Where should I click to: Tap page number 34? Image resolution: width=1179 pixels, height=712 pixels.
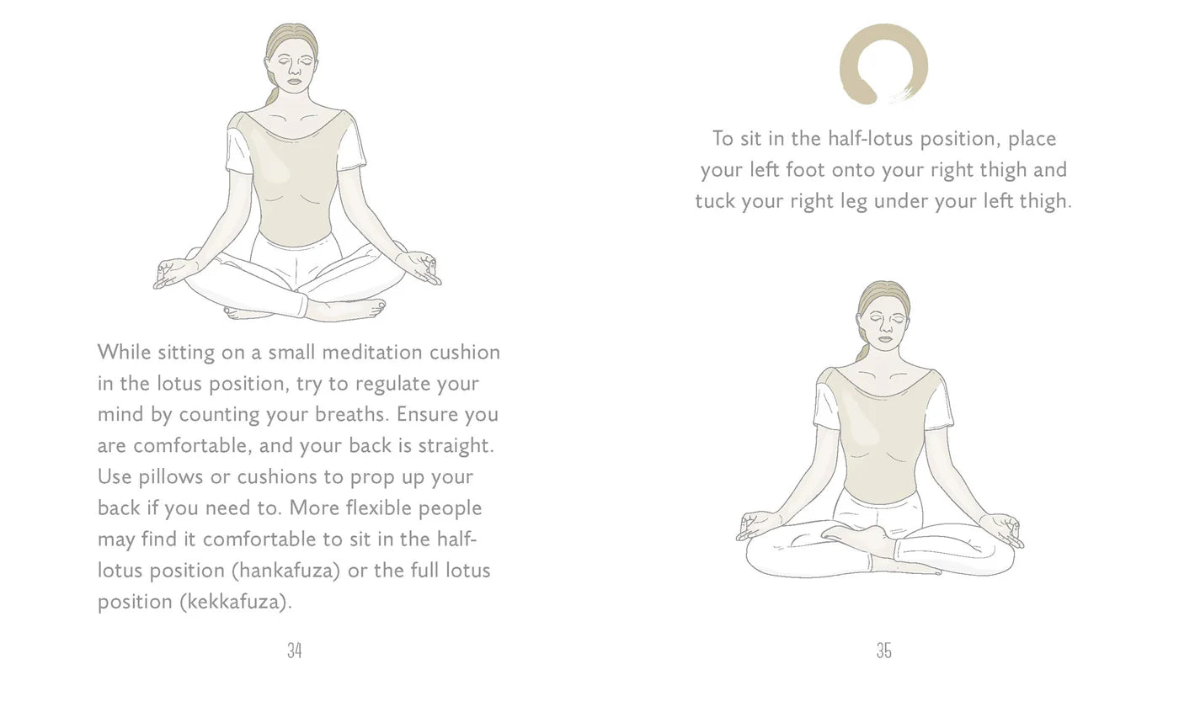294,651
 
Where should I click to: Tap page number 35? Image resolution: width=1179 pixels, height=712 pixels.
883,651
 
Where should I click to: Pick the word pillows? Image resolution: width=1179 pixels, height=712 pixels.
172,476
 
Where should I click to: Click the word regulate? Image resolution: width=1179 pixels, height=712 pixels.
392,383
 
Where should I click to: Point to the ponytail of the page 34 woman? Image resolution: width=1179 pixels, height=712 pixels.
272,95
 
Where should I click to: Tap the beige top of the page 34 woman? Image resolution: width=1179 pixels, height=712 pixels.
294,181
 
